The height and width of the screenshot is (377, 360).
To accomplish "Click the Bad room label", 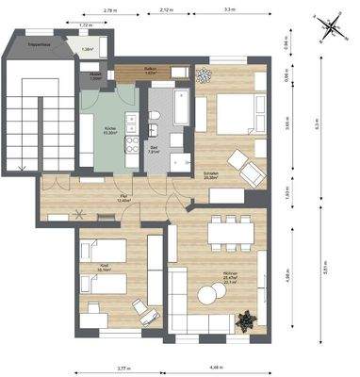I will tap(155, 149).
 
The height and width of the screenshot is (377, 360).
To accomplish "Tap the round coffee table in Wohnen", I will tap(206, 296).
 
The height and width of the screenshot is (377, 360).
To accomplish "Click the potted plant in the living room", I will tap(246, 321).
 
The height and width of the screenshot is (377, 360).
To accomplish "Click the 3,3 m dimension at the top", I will tap(230, 9).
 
